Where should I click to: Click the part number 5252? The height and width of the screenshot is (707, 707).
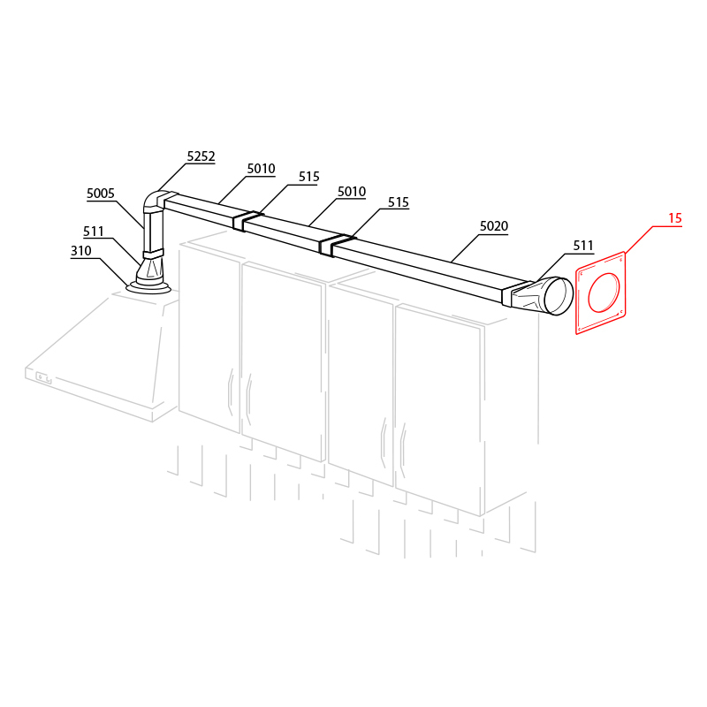[x=201, y=156]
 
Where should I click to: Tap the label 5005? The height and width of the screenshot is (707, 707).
[x=101, y=194]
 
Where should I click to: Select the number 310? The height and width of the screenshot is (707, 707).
[x=81, y=251]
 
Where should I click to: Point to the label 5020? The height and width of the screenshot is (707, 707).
[x=494, y=226]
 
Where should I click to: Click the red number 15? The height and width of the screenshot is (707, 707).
[x=674, y=218]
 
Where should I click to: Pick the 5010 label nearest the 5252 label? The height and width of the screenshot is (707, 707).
[x=261, y=169]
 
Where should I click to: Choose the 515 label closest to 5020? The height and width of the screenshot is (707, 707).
[x=399, y=202]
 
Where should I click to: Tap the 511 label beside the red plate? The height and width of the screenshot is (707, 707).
[x=583, y=246]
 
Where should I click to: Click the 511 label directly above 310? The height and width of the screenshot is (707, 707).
[x=94, y=232]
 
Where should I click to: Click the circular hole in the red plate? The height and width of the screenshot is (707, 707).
[x=604, y=293]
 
